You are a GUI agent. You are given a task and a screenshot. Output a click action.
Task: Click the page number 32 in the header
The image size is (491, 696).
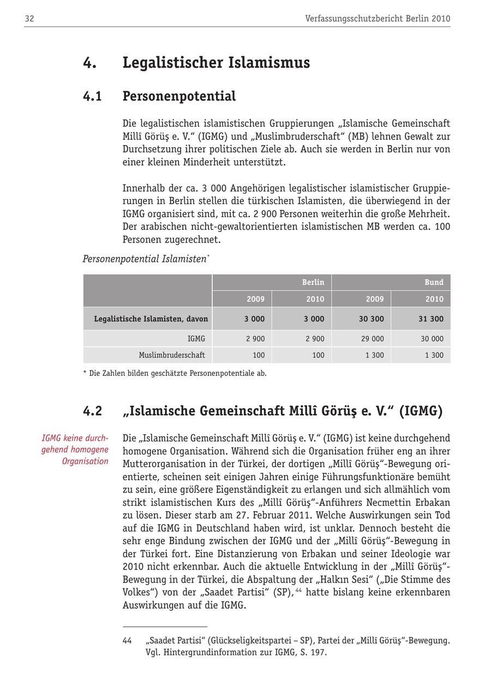pyautogui.click(x=29, y=19)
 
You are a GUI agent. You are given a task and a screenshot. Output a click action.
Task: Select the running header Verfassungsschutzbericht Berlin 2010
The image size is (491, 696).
pyautogui.click(x=378, y=19)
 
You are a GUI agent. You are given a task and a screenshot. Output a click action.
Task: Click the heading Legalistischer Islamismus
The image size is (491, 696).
pyautogui.click(x=216, y=63)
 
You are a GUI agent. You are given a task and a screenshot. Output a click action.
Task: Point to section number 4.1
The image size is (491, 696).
pyautogui.click(x=93, y=97)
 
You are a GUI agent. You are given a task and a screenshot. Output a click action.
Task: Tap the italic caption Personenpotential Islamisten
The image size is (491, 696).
pyautogui.click(x=145, y=259)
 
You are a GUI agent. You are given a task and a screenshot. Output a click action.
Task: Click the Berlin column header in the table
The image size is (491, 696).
pyautogui.click(x=313, y=282)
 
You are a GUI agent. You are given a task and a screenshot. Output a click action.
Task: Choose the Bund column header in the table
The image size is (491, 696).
pyautogui.click(x=434, y=282)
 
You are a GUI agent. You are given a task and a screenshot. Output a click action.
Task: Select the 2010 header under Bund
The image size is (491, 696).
pyautogui.click(x=434, y=299)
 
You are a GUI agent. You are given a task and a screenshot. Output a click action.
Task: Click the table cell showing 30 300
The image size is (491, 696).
pyautogui.click(x=371, y=319)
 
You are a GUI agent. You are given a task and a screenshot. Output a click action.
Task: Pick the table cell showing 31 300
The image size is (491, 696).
pyautogui.click(x=430, y=319)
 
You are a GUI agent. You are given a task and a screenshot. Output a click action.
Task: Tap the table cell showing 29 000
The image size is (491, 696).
pyautogui.click(x=372, y=339)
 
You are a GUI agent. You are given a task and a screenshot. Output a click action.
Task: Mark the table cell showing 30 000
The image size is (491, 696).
pyautogui.click(x=432, y=339)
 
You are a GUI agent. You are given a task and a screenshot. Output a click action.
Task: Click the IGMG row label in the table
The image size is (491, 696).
pyautogui.click(x=196, y=339)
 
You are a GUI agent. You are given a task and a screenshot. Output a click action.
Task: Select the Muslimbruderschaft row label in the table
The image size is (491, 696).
pyautogui.click(x=172, y=355)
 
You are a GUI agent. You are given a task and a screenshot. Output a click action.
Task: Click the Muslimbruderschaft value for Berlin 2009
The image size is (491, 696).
pyautogui.click(x=259, y=355)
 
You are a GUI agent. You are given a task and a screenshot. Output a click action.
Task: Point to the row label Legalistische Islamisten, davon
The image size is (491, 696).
pyautogui.click(x=151, y=319)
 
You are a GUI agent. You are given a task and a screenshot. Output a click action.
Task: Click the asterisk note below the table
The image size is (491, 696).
pyautogui.click(x=175, y=374)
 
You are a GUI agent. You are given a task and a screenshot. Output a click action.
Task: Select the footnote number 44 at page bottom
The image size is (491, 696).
pyautogui.click(x=127, y=641)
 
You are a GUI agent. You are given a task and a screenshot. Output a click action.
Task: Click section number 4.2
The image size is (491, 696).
pyautogui.click(x=93, y=411)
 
